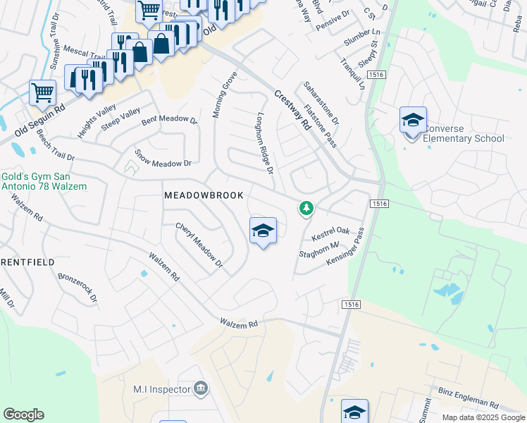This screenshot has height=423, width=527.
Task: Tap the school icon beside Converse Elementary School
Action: click(413, 120)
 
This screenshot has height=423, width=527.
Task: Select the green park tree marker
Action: click(306, 207)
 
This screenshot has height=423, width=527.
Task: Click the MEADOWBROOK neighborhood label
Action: click(204, 195)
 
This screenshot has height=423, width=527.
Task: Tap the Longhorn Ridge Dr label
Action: click(264, 143)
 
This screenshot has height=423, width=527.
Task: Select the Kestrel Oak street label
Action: click(331, 231)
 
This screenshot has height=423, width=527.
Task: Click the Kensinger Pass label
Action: click(345, 246)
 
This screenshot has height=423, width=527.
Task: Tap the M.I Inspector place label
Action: click(162, 389)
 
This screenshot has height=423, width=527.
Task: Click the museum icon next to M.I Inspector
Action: click(201, 388)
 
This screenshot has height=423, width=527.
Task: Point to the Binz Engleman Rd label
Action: click(468, 400)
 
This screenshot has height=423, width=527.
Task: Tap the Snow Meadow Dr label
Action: click(163, 158)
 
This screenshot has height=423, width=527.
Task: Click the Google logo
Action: click(23, 415)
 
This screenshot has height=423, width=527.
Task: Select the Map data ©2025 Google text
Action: click(483, 417)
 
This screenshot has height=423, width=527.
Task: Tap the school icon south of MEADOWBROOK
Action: click(263, 230)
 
